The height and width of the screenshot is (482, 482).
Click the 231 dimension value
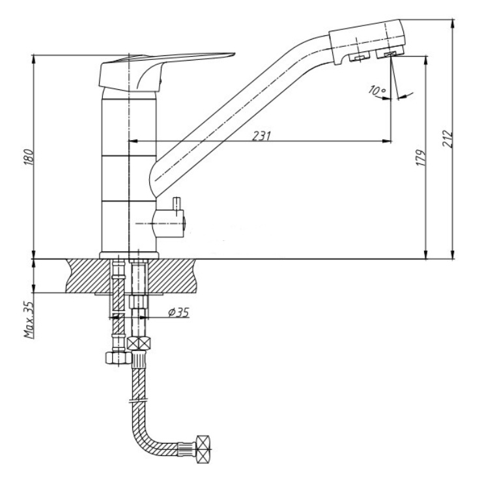262,135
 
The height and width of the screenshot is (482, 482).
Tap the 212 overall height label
447,139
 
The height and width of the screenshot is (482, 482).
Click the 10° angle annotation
377,91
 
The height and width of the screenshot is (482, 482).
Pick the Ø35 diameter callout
178,312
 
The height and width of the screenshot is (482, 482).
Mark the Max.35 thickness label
29,320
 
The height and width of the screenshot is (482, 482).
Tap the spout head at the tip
367,41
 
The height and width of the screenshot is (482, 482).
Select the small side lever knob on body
177,204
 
